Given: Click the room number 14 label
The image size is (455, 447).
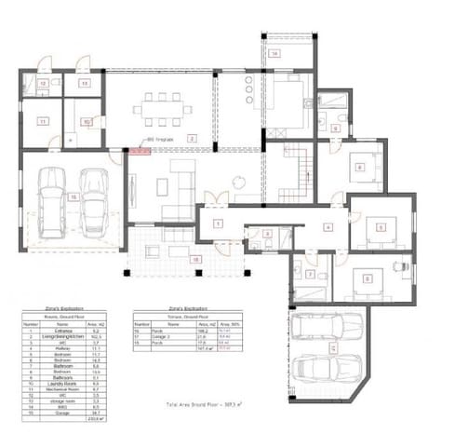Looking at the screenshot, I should pyautogui.click(x=274, y=53).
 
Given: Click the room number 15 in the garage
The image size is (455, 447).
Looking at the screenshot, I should pyautogui.click(x=72, y=196).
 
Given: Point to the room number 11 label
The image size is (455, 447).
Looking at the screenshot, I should pyautogui.click(x=43, y=122).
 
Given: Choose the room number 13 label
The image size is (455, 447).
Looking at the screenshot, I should pyautogui.click(x=83, y=84).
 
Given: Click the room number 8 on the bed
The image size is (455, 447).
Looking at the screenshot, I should pyautogui.click(x=359, y=169).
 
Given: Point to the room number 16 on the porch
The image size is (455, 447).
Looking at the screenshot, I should pyautogui.click(x=195, y=259).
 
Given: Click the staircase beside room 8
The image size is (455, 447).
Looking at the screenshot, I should pyautogui.click(x=300, y=172).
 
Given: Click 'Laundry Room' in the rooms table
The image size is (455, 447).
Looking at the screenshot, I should pyautogui.click(x=57, y=383).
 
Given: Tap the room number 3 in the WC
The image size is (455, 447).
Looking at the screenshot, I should pyautogui.click(x=267, y=234).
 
